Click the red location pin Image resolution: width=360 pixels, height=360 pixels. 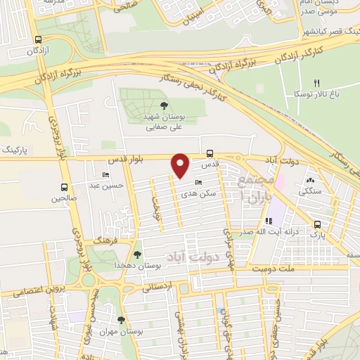pyautogui.click(x=181, y=165)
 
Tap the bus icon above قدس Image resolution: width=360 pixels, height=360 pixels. pyautogui.click(x=210, y=153)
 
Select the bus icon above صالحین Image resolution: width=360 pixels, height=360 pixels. pyautogui.click(x=65, y=187)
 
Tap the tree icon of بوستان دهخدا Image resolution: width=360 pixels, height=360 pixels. pyautogui.click(x=136, y=255)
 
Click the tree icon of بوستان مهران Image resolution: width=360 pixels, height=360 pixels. pyautogui.click(x=122, y=320)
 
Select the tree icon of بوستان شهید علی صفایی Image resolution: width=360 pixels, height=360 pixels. pyautogui.click(x=164, y=106)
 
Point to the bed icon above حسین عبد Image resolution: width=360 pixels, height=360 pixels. pyautogui.click(x=106, y=174)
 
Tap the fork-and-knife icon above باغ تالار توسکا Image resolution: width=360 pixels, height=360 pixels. pyautogui.click(x=316, y=82)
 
